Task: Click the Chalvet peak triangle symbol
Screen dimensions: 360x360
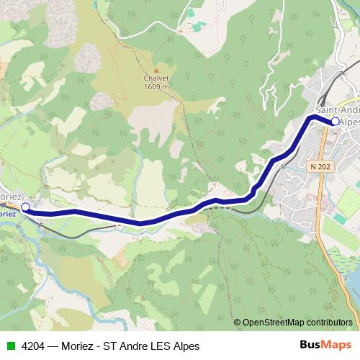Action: click(156, 70)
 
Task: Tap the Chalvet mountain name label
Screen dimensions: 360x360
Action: click(156, 78)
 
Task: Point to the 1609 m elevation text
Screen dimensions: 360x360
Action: click(156, 87)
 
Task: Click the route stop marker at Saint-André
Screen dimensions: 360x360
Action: click(335, 121)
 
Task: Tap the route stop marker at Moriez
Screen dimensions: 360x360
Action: click(26, 207)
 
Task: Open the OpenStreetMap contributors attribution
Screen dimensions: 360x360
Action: click(297, 323)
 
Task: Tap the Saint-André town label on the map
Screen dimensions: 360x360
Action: click(337, 110)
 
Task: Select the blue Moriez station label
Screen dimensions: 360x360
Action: click(7, 213)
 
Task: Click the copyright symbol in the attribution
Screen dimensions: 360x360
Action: click(238, 323)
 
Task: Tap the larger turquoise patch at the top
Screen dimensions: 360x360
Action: click(192, 12)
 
